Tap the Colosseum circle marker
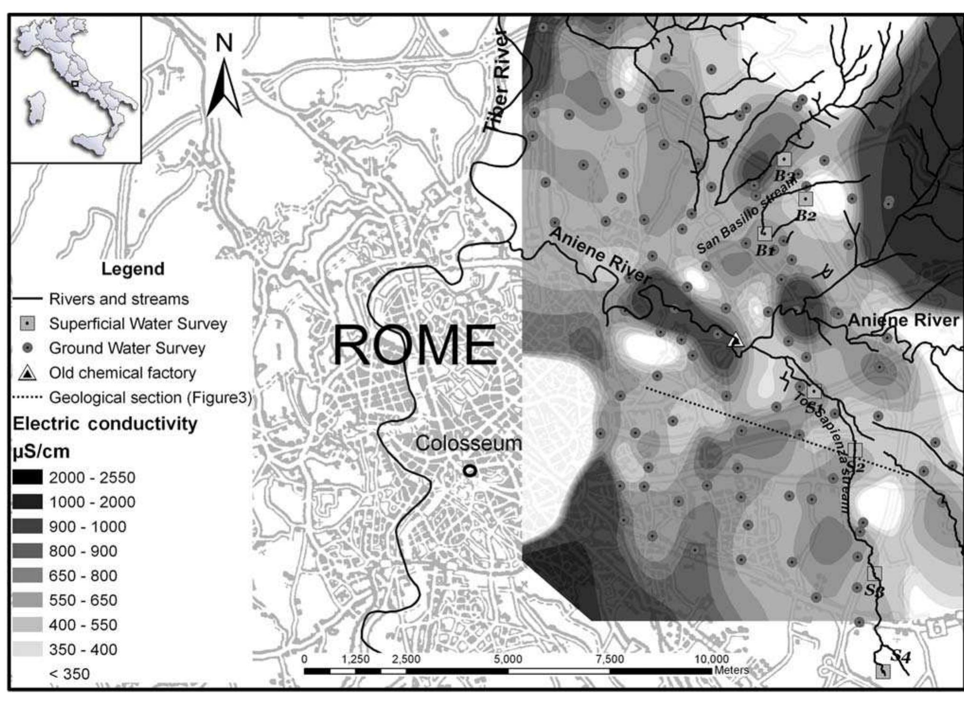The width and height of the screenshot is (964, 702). pyautogui.click(x=469, y=471)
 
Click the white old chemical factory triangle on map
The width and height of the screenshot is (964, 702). pyautogui.click(x=736, y=340)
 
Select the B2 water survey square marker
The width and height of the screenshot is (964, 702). pyautogui.click(x=806, y=199)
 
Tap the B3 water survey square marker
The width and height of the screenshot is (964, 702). pyautogui.click(x=784, y=159)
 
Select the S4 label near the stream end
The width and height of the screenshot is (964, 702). pyautogui.click(x=900, y=656)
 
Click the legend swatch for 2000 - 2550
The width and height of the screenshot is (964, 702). pyautogui.click(x=27, y=477)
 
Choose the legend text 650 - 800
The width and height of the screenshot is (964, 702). pyautogui.click(x=83, y=576)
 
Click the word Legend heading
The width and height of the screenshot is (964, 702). pyautogui.click(x=133, y=269)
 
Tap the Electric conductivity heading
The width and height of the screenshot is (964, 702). pyautogui.click(x=105, y=423)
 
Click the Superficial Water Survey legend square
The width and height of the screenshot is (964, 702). pyautogui.click(x=28, y=324)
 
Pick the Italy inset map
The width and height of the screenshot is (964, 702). pyautogui.click(x=76, y=89)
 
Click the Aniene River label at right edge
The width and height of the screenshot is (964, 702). pyautogui.click(x=903, y=320)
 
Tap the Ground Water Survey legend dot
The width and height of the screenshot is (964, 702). pyautogui.click(x=28, y=348)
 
